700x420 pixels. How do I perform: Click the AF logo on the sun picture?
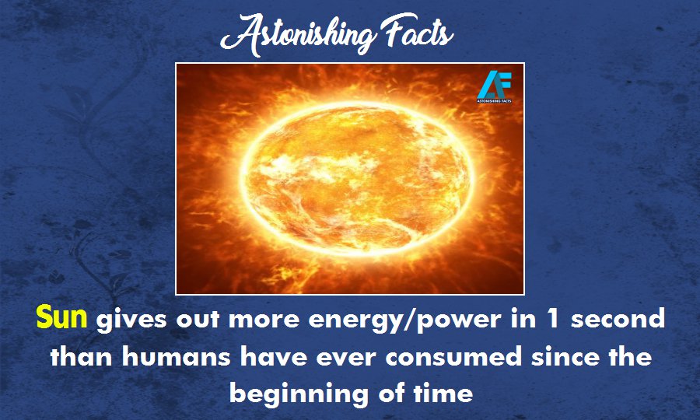click(494, 86)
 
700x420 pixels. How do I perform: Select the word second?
click(618, 318)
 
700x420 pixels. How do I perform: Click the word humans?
click(177, 357)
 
